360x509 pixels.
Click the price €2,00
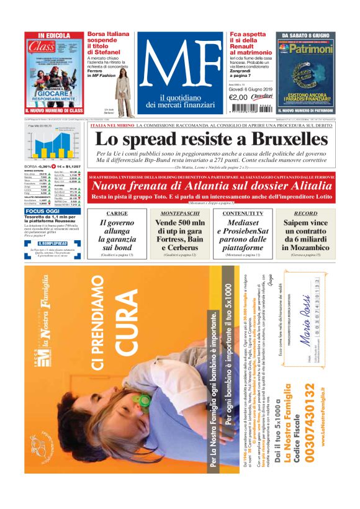click(x=238, y=97)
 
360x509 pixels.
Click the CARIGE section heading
click(x=117, y=213)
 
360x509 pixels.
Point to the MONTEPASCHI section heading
click(x=179, y=213)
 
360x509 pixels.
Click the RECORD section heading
click(x=305, y=213)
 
